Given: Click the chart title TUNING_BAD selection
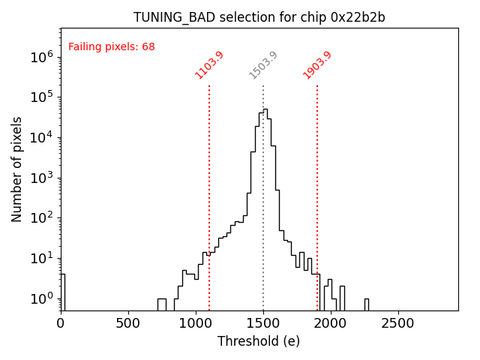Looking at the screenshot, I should [259, 17].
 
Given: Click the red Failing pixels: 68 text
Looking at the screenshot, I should [112, 47].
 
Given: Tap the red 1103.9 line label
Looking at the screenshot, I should [209, 65].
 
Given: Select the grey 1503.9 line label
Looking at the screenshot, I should [263, 65].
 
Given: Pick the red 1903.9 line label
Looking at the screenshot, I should [317, 65].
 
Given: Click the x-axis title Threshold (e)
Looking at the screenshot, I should [259, 341].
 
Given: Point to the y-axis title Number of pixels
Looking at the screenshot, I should [17, 169].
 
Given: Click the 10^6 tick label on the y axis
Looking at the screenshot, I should [40, 56].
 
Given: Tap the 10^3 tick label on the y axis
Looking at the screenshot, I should [40, 178].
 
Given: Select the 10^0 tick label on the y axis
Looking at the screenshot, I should [40, 298].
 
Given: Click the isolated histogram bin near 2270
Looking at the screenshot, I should [367, 304].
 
